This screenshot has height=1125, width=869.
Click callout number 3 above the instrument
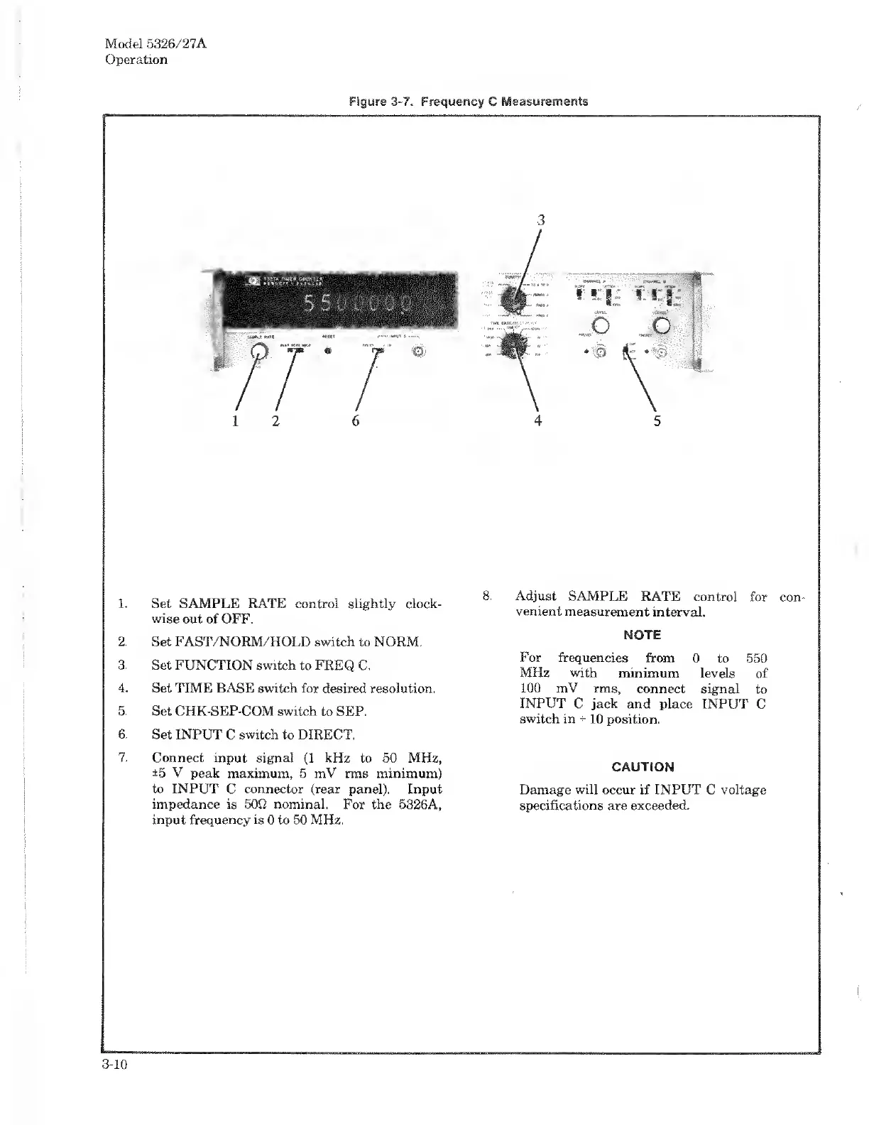coord(541,219)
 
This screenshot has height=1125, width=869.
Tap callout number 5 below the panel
coord(657,420)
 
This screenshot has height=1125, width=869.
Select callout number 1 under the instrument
coord(235,420)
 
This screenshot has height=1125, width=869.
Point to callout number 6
coord(356,420)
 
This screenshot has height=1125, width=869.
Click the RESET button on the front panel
coord(328,350)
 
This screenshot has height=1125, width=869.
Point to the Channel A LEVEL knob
coord(601,326)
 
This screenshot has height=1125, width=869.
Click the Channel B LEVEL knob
coord(662,326)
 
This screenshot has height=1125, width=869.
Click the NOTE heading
coord(642,634)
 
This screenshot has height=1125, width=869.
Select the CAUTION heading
coord(643,767)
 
